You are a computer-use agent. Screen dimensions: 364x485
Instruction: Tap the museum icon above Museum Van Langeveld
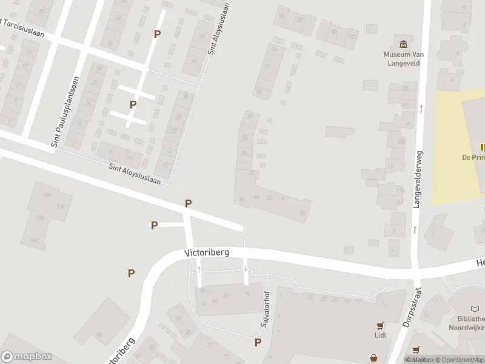tap(403, 44)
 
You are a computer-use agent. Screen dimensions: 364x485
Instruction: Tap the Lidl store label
tap(380, 334)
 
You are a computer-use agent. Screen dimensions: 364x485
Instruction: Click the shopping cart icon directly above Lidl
tap(380, 325)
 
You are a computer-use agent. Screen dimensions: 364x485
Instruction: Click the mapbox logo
tap(26, 357)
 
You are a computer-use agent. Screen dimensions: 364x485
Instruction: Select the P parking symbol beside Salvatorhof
tap(258, 343)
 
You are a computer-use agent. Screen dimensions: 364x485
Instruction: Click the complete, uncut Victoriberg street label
tap(206, 252)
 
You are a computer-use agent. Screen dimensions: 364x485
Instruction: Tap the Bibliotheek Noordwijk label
tap(467, 323)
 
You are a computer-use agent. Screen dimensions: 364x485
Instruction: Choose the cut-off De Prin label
tap(473, 157)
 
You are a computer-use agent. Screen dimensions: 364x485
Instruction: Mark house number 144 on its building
tap(47, 194)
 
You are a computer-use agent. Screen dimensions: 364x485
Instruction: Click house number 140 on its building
tap(34, 240)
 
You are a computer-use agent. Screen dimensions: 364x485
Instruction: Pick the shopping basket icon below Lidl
tap(416, 350)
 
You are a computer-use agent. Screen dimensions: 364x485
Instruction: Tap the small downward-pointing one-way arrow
tap(245, 268)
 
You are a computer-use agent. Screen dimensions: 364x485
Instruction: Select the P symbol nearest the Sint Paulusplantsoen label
tap(133, 104)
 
